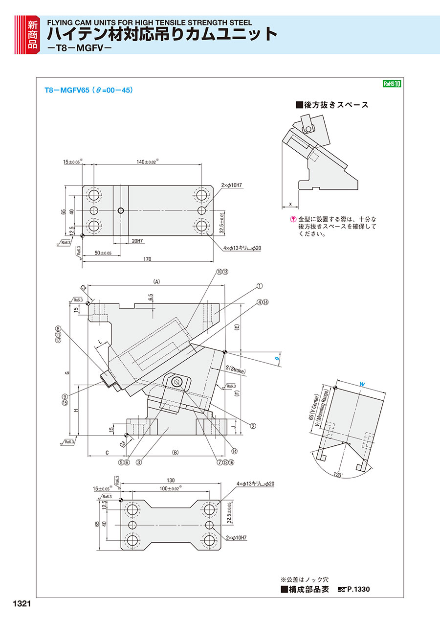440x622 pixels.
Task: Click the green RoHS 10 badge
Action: (x=392, y=84)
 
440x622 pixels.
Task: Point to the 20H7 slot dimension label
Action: (x=137, y=241)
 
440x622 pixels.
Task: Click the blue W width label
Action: (x=361, y=385)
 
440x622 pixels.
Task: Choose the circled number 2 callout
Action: (x=253, y=426)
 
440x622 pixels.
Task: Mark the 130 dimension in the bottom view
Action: (x=171, y=481)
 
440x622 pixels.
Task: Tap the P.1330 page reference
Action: (x=358, y=589)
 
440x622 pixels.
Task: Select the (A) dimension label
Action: (x=157, y=281)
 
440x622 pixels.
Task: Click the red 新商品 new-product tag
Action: (x=32, y=34)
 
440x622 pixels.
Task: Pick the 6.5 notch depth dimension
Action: (x=151, y=297)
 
